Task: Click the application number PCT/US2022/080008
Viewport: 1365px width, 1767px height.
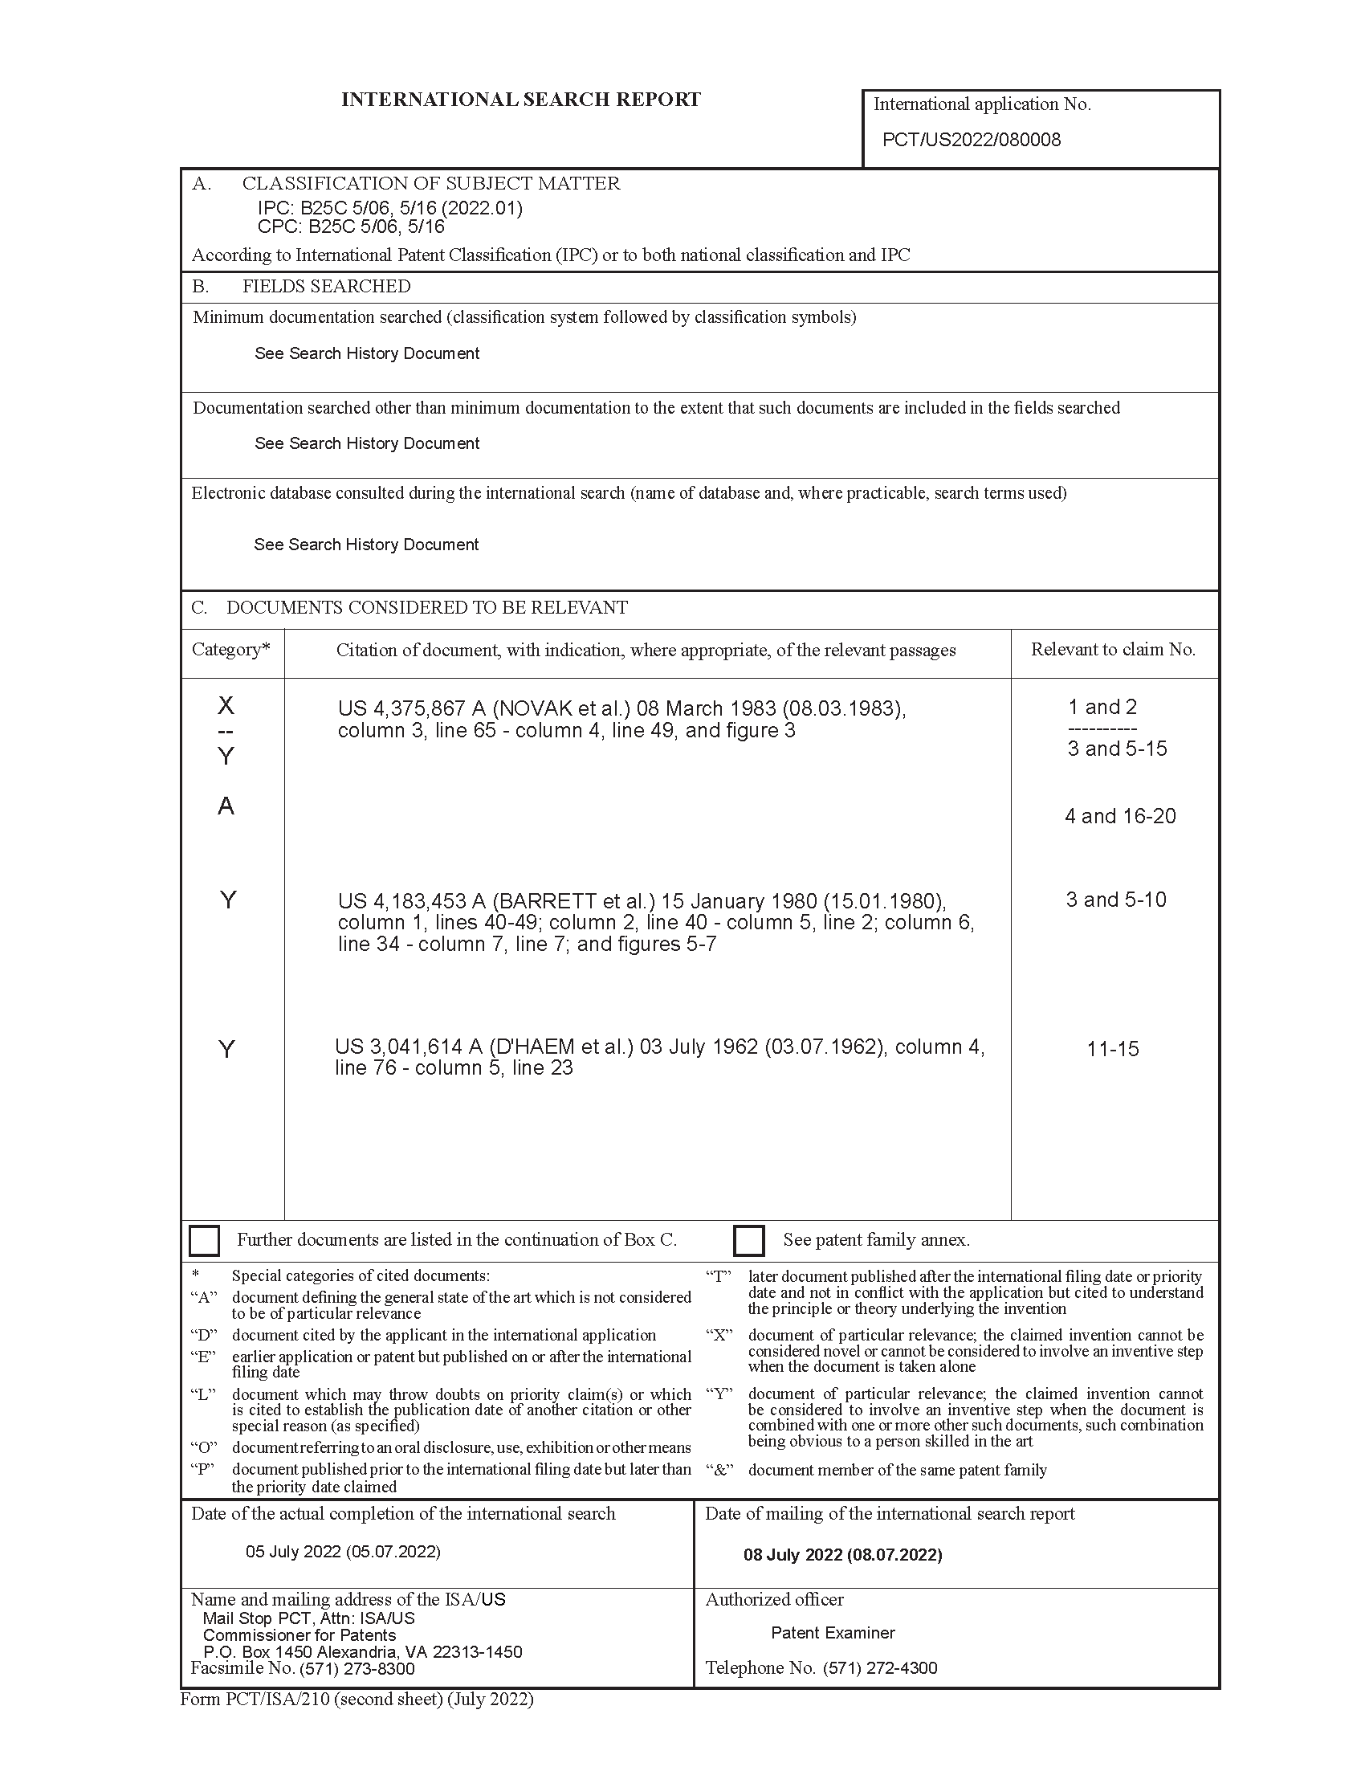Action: (x=971, y=140)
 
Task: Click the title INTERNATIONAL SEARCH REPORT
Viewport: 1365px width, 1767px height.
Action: (x=521, y=100)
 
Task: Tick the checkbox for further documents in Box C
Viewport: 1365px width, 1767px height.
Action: (x=204, y=1240)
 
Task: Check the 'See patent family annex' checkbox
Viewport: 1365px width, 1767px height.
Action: (x=749, y=1240)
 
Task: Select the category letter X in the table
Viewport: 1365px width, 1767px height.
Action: (x=226, y=705)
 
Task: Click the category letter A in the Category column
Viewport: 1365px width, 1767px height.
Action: (x=226, y=806)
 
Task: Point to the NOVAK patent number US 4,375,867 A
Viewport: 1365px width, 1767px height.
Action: (x=412, y=708)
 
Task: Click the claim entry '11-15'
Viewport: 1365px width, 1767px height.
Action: (x=1113, y=1050)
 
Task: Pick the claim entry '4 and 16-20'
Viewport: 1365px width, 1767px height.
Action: (x=1120, y=816)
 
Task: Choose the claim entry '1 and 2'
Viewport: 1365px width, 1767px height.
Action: (x=1102, y=707)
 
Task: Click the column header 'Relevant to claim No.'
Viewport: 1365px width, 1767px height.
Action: (x=1113, y=650)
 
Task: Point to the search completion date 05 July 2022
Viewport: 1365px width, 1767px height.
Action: (x=343, y=1552)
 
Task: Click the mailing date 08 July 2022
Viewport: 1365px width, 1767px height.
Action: (x=842, y=1555)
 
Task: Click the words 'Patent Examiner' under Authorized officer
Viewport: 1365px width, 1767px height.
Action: (x=833, y=1633)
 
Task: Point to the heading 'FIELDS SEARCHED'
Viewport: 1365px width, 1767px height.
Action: (x=326, y=287)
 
